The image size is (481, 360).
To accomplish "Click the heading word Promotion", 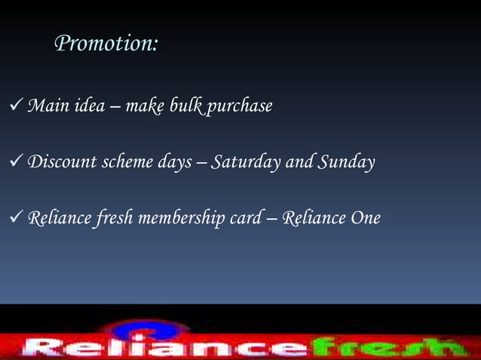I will tap(106, 44).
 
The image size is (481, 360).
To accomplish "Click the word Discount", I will tap(56, 162).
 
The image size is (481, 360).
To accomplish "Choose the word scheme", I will tap(118, 162).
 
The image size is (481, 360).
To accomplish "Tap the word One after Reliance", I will tap(365, 218).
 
